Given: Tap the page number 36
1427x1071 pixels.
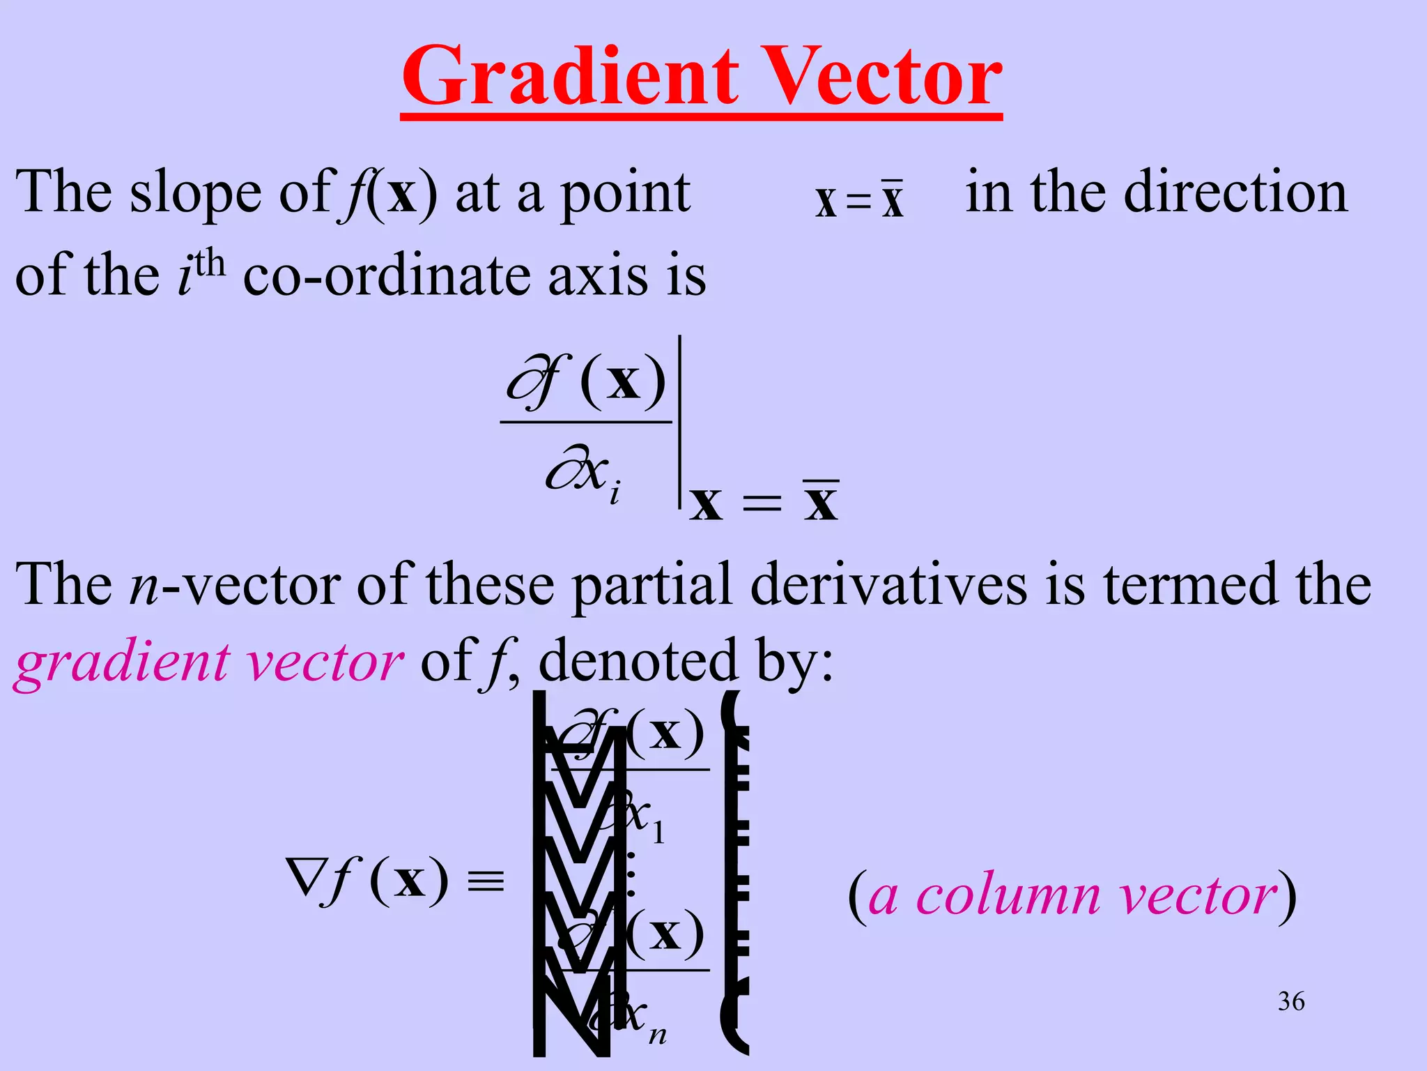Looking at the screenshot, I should click(1291, 1001).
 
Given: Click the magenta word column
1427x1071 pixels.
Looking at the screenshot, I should click(1008, 896).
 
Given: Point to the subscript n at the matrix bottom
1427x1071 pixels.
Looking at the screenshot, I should click(657, 1035).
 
